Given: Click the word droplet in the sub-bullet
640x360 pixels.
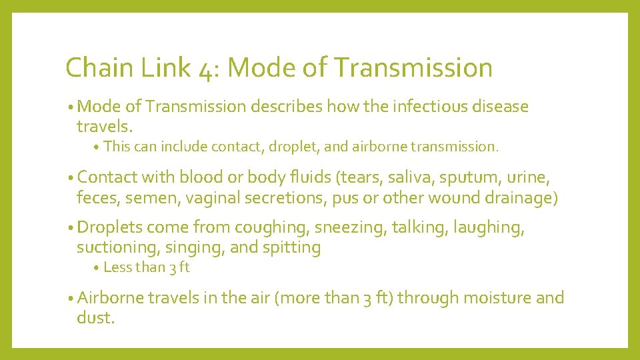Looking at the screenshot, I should coord(290,147).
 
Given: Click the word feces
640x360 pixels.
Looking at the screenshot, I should coord(96,197).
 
